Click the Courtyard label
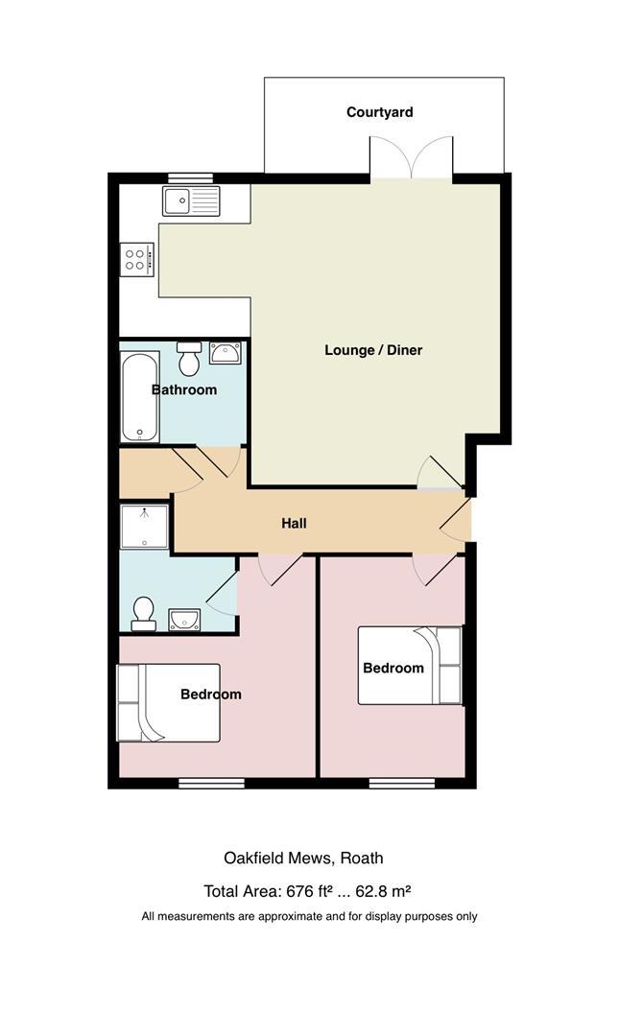pyautogui.click(x=380, y=112)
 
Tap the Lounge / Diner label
pyautogui.click(x=373, y=350)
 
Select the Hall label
pyautogui.click(x=295, y=524)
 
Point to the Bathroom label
pyautogui.click(x=184, y=389)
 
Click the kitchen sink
pyautogui.click(x=191, y=200)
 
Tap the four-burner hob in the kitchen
pyautogui.click(x=138, y=259)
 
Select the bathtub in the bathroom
pyautogui.click(x=140, y=396)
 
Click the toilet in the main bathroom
pyautogui.click(x=190, y=359)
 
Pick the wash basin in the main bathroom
pyautogui.click(x=226, y=353)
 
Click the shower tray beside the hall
pyautogui.click(x=145, y=527)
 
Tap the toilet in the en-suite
pyautogui.click(x=144, y=615)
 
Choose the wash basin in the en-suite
pyautogui.click(x=184, y=620)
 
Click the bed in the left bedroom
pyautogui.click(x=169, y=703)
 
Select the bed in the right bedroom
pyautogui.click(x=410, y=666)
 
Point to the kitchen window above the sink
pyautogui.click(x=190, y=177)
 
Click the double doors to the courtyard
pyautogui.click(x=412, y=157)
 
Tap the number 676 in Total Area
pyautogui.click(x=298, y=891)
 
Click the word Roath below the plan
pyautogui.click(x=362, y=859)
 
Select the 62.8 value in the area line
pyautogui.click(x=371, y=891)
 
